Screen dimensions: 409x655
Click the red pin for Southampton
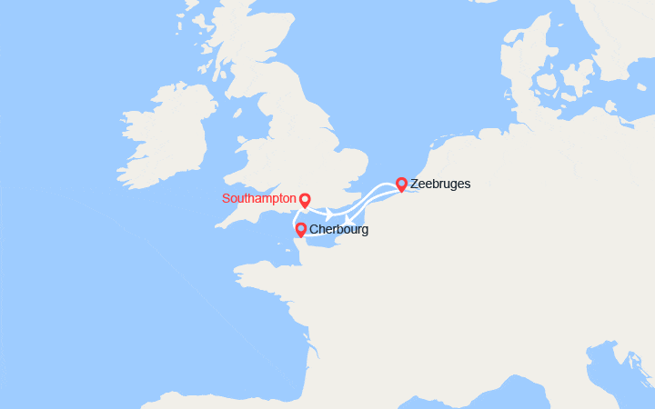pyautogui.click(x=305, y=199)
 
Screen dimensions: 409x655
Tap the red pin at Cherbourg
pyautogui.click(x=300, y=229)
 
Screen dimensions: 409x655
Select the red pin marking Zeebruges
pyautogui.click(x=401, y=184)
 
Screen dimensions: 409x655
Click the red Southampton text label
pyautogui.click(x=259, y=198)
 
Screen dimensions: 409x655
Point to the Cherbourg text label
pyautogui.click(x=338, y=230)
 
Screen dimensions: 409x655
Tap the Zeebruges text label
pyautogui.click(x=440, y=184)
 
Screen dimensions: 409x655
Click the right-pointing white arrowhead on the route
pyautogui.click(x=328, y=212)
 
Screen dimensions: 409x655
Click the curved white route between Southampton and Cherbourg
pyautogui.click(x=294, y=221)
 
